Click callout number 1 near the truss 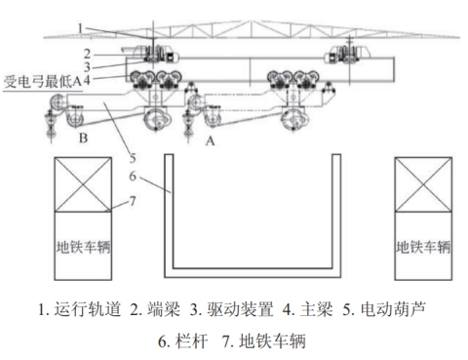pos(80,28)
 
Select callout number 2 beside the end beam pos(87,54)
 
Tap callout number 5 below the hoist pos(133,158)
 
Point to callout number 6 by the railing pos(133,177)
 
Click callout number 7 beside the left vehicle pos(133,201)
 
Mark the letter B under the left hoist pos(83,139)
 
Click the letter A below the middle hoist pos(211,141)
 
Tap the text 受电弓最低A pos(43,81)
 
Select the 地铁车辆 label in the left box pos(83,247)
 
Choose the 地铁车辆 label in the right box pos(423,247)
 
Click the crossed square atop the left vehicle pos(83,184)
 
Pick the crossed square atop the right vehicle pos(423,184)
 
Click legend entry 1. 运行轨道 pos(80,309)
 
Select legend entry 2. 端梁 pos(155,309)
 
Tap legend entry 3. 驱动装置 pos(231,309)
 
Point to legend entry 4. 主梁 pos(308,309)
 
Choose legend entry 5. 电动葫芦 pos(384,309)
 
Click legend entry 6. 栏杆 pos(183,341)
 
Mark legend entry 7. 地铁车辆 pos(264,341)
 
